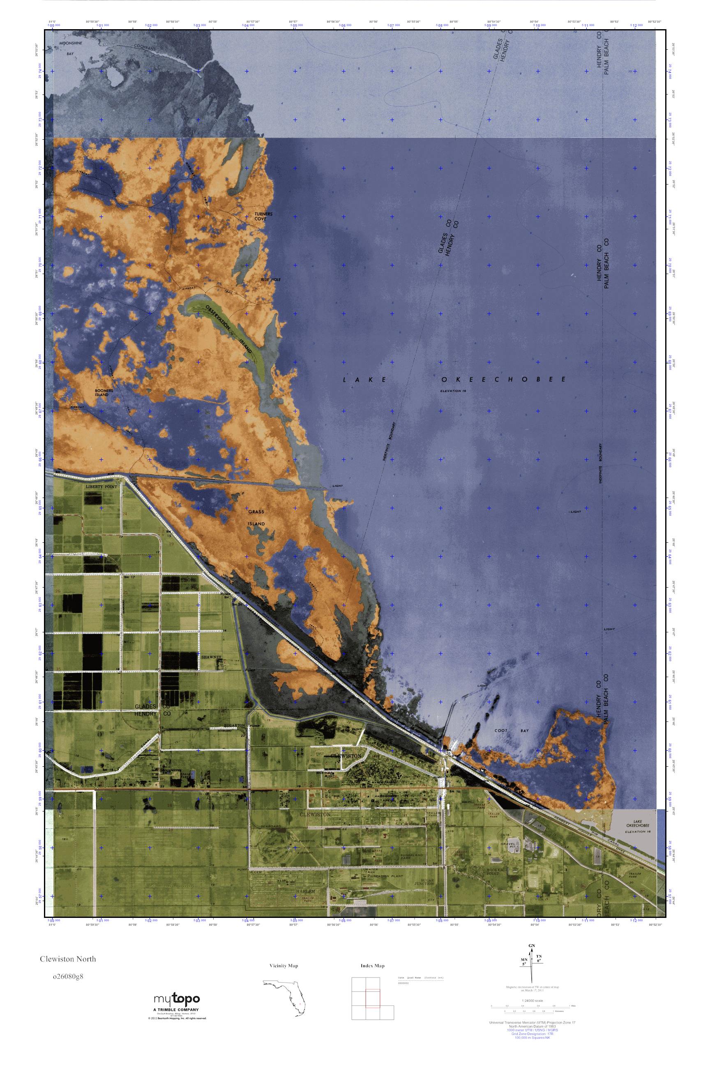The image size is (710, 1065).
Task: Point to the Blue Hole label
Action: [271, 280]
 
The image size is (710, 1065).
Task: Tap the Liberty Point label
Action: [101, 486]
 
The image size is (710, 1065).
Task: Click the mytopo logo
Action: [176, 999]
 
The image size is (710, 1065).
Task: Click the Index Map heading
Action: [372, 966]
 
